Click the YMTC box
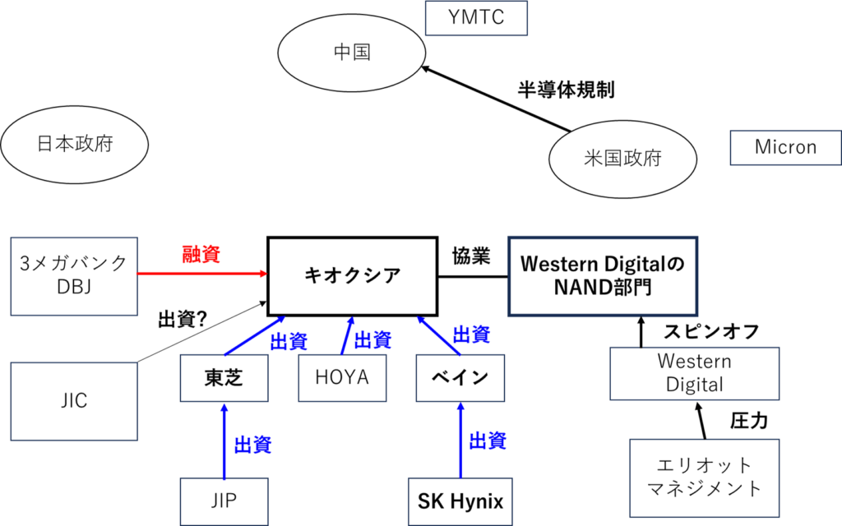point(476,18)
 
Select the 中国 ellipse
point(352,53)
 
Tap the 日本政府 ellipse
point(75,145)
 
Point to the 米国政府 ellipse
point(623,159)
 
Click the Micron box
point(785,148)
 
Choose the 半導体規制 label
point(566,90)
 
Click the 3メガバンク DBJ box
point(74,276)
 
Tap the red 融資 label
point(201,254)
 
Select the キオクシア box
point(352,276)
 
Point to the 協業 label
point(471,256)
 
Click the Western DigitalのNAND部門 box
point(603,276)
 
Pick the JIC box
point(74,401)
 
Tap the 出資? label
point(183,320)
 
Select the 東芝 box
point(224,378)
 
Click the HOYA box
point(342,378)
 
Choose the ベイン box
point(460,378)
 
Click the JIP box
point(224,501)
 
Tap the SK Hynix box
point(460,501)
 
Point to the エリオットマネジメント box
point(704,478)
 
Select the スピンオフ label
point(711,332)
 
